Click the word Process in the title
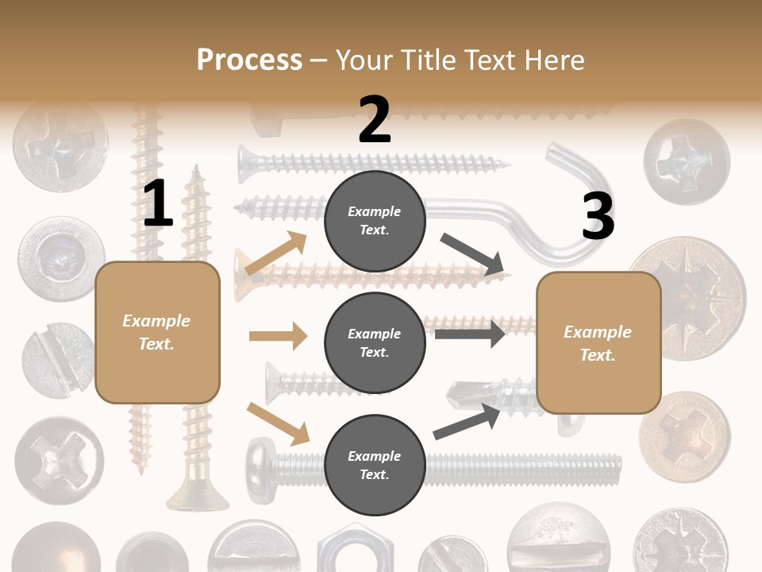pos(249,60)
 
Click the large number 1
pos(158,203)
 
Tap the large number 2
pos(375,120)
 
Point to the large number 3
pos(598,217)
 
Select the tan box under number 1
pos(157,332)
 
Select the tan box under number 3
pos(598,342)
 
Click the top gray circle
pos(375,221)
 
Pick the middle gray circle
pos(375,342)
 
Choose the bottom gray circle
pos(375,465)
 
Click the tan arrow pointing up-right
pos(276,253)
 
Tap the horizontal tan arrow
pos(278,336)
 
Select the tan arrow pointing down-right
pos(278,423)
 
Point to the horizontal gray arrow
pos(470,334)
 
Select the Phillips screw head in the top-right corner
pos(686,161)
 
